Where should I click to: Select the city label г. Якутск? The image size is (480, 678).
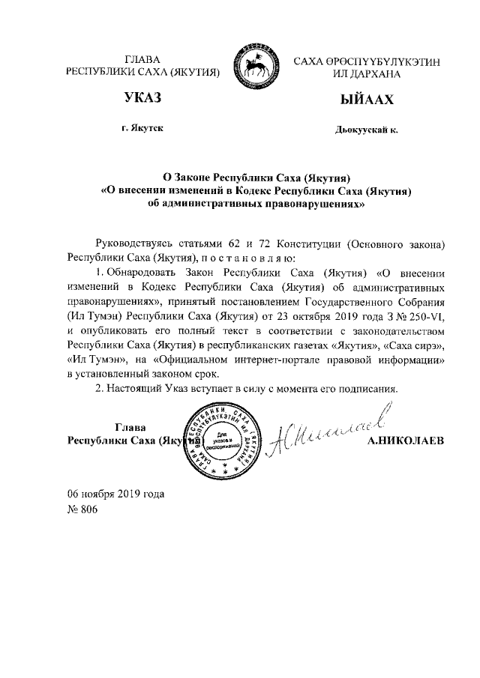click(142, 129)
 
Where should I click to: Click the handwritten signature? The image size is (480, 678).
click(330, 430)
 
